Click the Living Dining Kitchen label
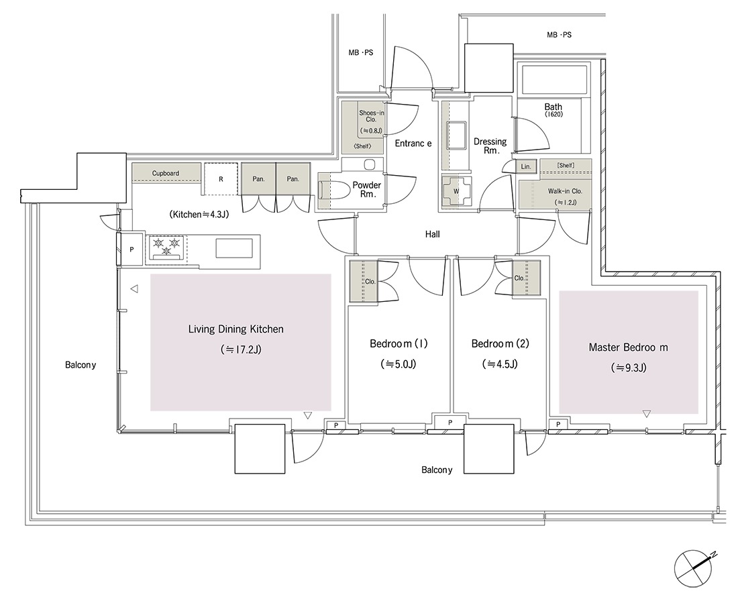coord(235,329)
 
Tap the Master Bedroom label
coord(628,347)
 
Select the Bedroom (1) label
coord(399,343)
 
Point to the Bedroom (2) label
coord(500,343)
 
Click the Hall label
coord(432,233)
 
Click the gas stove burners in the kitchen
coord(166,247)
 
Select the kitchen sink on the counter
coord(234,248)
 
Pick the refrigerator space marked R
coord(221,179)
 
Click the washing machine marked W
coord(456,191)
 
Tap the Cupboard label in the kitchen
coord(165,173)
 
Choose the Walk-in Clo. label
coord(565,191)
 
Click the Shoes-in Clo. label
coord(371,116)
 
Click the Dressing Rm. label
coord(490,146)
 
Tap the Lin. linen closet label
coord(526,166)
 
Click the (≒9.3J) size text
coord(629,368)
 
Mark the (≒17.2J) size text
coord(240,349)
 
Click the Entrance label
coord(413,143)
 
